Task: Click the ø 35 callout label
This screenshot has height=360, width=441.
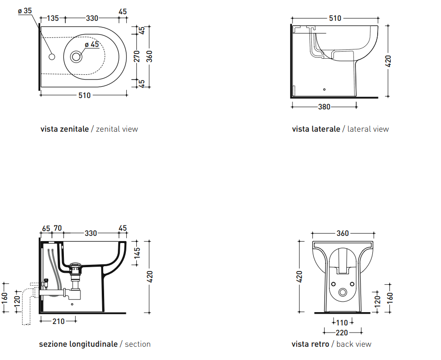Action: pos(25,11)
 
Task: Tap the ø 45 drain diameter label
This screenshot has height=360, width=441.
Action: pos(92,45)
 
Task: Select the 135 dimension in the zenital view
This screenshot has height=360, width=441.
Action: pos(53,18)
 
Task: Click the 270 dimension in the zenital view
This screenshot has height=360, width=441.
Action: pos(137,56)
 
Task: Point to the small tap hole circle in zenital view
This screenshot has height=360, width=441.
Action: pos(52,56)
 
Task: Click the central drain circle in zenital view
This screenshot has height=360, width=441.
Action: pos(76,56)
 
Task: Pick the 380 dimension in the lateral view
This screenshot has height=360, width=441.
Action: pos(324,107)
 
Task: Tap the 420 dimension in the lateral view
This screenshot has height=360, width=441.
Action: pos(388,61)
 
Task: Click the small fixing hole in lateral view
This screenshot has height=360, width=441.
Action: pos(324,90)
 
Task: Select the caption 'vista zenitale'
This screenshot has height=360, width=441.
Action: pos(64,129)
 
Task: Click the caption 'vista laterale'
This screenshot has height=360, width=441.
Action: pos(316,129)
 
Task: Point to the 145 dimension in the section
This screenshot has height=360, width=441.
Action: pos(137,253)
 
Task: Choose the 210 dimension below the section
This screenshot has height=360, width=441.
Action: pos(58,321)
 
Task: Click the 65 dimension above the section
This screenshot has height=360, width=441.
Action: pos(46,228)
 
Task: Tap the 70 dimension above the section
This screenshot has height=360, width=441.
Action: pos(58,228)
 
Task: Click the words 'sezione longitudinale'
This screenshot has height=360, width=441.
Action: pos(78,344)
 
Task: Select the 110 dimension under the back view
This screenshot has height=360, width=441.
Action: pos(342,322)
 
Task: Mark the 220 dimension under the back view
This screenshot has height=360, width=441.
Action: pos(342,333)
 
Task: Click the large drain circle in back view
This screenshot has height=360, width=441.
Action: pos(343,292)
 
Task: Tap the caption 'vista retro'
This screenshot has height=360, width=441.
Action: pos(310,344)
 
